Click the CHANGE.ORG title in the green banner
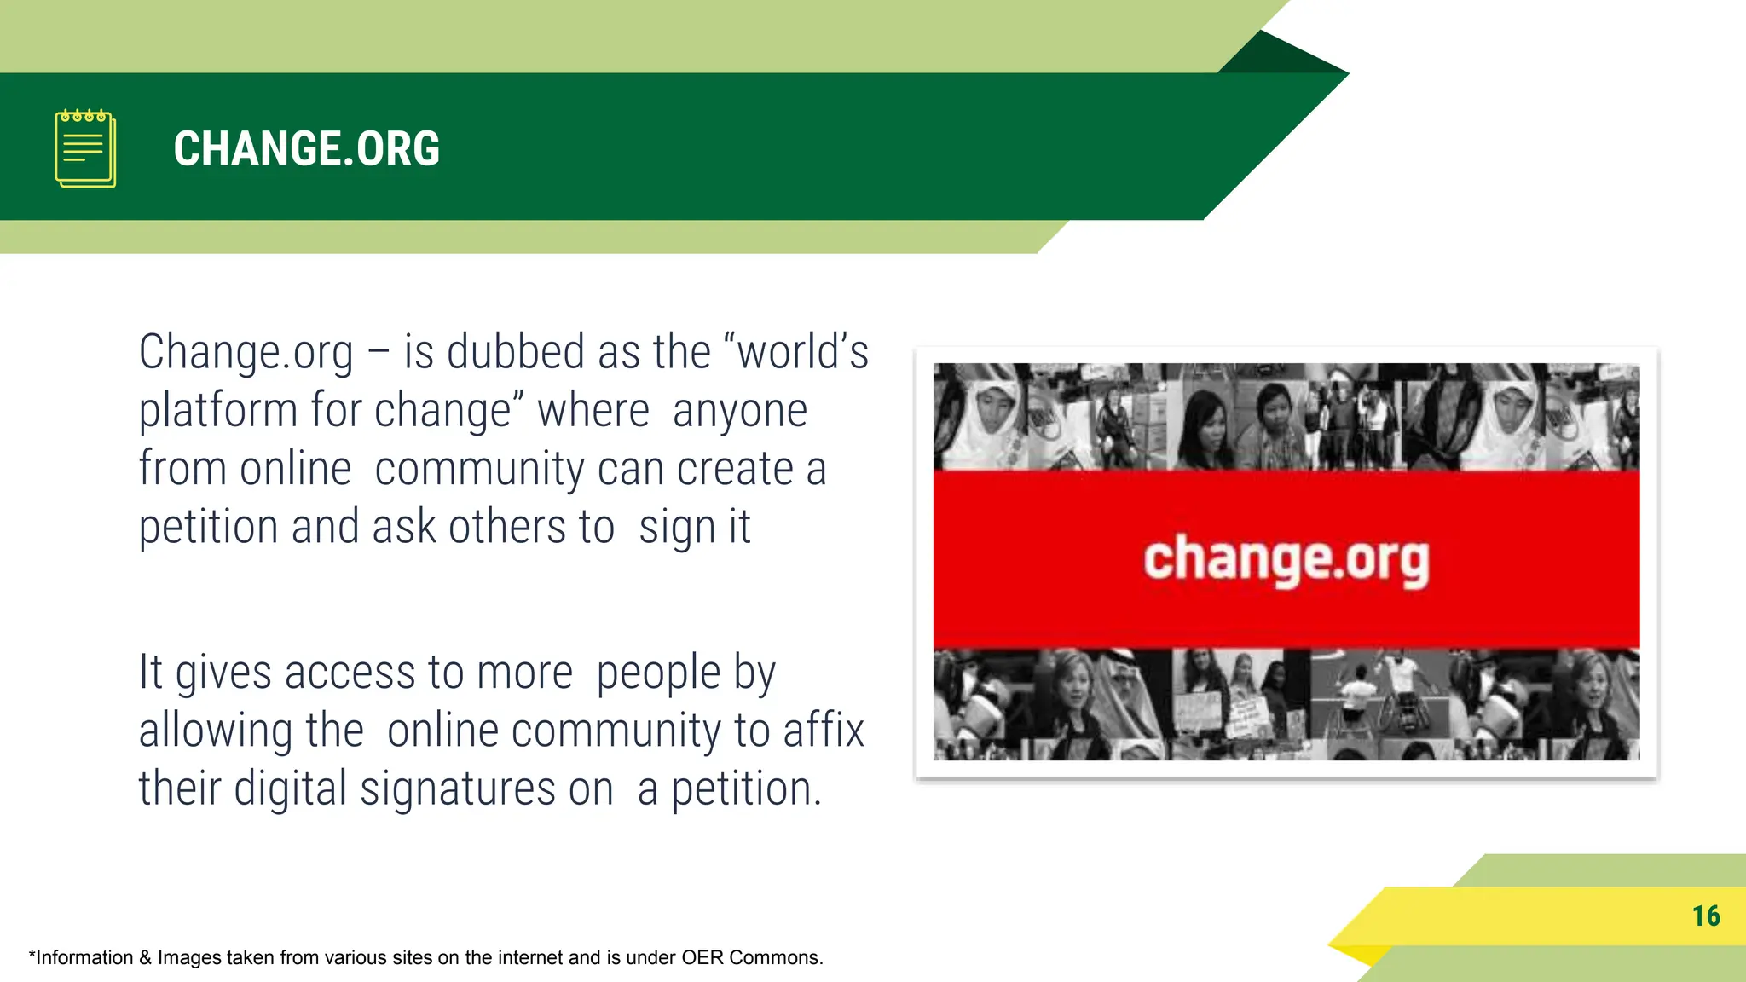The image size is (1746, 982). pos(307,149)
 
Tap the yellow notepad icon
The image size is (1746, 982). pos(85,148)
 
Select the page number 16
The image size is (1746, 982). pos(1706,916)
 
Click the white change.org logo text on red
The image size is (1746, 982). pos(1286,560)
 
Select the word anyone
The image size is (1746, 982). pos(739,412)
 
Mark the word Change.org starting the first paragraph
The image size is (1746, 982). pos(246,353)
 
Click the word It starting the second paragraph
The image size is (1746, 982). pos(151,673)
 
